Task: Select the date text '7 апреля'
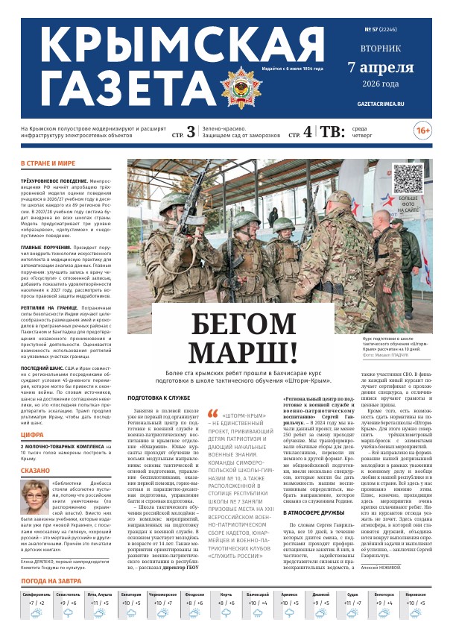pos(380,68)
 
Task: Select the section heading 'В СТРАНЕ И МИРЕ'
pos(48,163)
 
